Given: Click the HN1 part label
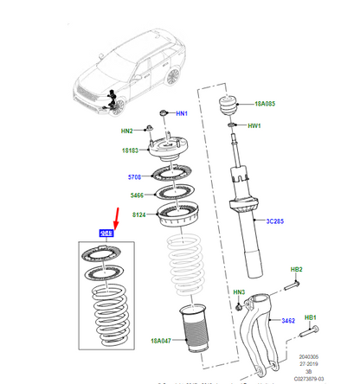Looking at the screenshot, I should [x=182, y=113].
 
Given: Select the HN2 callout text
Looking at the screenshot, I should [x=126, y=131].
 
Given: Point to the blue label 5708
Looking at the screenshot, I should [x=134, y=177].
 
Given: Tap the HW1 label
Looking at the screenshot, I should [x=254, y=126].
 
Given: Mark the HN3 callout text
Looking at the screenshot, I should [x=240, y=292].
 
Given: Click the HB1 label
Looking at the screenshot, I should [x=309, y=317].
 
